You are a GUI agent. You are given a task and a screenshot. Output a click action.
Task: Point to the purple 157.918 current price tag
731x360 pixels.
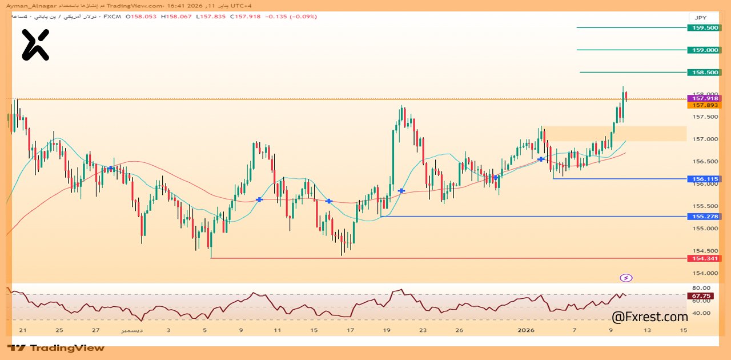706,98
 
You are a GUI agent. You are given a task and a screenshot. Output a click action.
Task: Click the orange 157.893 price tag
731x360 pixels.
706,105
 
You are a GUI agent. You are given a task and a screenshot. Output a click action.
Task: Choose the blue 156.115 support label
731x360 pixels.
705,179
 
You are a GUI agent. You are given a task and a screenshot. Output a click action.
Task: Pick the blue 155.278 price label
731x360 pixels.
705,217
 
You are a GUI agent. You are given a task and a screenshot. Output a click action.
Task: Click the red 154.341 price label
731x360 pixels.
705,258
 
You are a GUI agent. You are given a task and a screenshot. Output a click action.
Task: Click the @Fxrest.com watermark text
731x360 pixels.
649,317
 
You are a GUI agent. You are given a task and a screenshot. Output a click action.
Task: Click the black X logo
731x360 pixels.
35,45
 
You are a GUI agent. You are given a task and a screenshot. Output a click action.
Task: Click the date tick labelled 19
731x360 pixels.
387,330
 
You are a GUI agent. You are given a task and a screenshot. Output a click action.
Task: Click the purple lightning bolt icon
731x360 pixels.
626,278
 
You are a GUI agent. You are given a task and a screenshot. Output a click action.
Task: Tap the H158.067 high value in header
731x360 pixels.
176,17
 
